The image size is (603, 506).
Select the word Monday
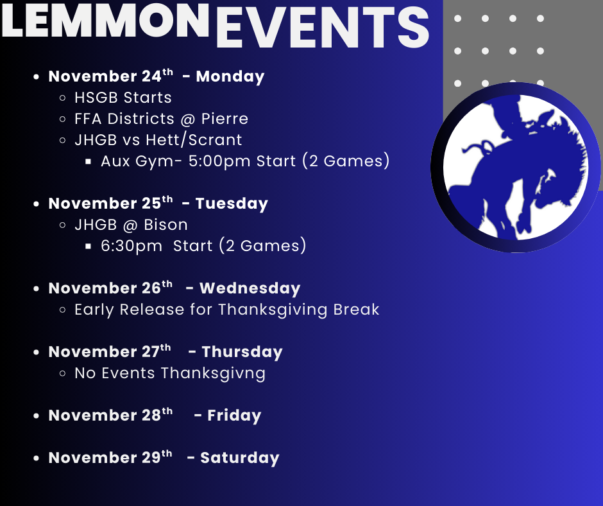[230, 76]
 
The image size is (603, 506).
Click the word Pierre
[225, 119]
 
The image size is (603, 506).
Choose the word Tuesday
[232, 204]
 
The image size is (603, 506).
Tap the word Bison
[166, 225]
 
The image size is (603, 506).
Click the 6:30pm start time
[131, 246]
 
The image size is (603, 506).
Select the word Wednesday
[250, 288]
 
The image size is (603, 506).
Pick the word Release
[152, 310]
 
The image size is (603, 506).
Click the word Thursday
[242, 352]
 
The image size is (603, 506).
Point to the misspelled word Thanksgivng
[213, 374]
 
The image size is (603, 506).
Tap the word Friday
[234, 415]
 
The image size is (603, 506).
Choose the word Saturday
[239, 458]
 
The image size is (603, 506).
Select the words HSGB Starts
[123, 98]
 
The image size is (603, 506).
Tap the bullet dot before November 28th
[36, 416]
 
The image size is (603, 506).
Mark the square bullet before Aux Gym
[88, 162]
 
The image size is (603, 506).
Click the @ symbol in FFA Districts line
[187, 119]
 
